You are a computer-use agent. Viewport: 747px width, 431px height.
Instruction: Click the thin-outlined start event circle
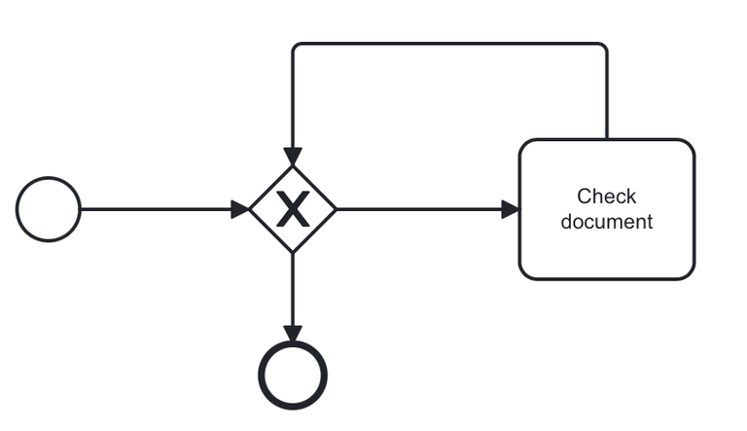point(49,209)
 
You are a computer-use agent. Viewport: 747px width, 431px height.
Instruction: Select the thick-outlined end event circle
point(293,375)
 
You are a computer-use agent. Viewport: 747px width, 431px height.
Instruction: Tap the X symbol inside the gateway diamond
point(293,209)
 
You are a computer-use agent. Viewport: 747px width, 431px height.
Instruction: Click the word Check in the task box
point(606,197)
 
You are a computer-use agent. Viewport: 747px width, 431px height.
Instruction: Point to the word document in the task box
point(607,222)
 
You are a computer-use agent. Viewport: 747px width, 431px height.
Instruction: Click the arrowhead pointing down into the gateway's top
point(293,158)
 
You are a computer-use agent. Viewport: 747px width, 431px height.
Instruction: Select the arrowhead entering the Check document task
point(510,209)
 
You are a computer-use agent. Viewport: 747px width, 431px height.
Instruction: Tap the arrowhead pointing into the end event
point(293,334)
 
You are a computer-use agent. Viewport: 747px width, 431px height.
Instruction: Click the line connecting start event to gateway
point(156,209)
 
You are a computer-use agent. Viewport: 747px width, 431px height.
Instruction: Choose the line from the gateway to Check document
point(418,209)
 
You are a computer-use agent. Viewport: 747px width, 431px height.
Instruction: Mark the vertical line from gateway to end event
point(293,287)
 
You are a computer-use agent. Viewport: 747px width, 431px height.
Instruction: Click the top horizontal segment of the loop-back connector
point(447,44)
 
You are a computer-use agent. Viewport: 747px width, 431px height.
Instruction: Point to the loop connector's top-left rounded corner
point(296,47)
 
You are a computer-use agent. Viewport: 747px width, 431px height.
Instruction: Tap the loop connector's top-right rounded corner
point(604,47)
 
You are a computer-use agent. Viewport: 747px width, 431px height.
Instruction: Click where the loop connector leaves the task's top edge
point(607,139)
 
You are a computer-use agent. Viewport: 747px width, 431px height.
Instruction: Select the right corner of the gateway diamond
point(336,209)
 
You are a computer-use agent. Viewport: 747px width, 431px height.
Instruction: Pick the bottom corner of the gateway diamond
point(293,252)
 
